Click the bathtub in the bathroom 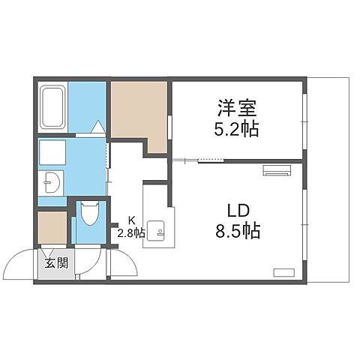52,106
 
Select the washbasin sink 51,182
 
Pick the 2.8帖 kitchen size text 130,232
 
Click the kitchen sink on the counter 157,229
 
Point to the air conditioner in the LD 275,171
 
